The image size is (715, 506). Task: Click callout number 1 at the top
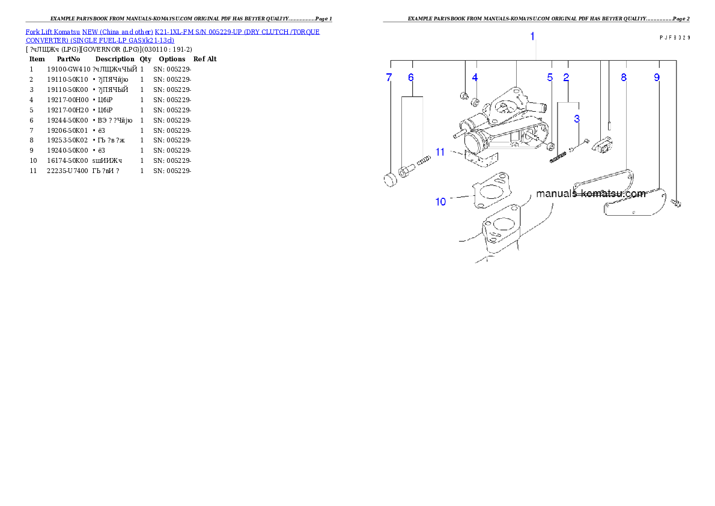click(x=532, y=37)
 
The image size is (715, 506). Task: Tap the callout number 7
click(x=389, y=78)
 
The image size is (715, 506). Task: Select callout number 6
click(x=411, y=78)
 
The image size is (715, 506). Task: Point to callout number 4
click(x=475, y=78)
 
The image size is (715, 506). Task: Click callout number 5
click(x=550, y=78)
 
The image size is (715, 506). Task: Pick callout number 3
click(x=577, y=119)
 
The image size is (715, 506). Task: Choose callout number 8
click(x=624, y=78)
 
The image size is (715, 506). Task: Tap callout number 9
click(x=657, y=78)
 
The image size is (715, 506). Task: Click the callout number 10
click(x=441, y=201)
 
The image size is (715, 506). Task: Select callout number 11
click(x=440, y=152)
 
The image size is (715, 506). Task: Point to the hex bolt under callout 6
click(x=406, y=172)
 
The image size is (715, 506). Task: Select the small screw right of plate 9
click(x=677, y=204)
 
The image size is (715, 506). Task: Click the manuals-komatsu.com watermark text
click(x=591, y=194)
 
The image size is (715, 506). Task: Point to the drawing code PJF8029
click(x=674, y=37)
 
